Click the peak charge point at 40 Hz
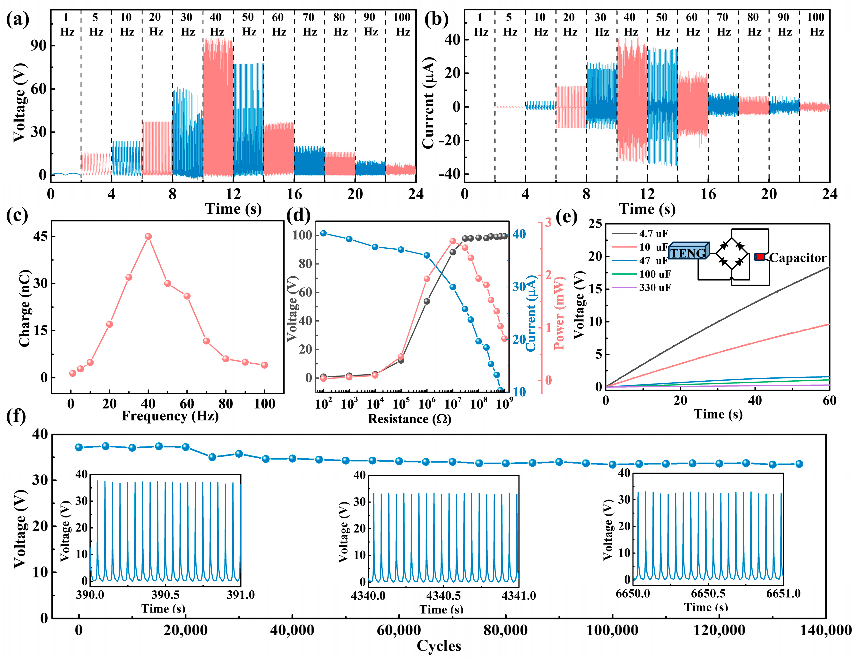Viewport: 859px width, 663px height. pos(148,236)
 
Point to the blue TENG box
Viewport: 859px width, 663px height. pos(689,252)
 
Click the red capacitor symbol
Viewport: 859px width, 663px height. pos(759,257)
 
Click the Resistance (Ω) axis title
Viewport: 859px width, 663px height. pos(409,419)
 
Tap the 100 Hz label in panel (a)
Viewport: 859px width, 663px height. pos(402,24)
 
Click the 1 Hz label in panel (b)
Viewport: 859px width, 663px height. pos(480,24)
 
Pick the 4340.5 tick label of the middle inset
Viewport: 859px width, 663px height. pos(443,596)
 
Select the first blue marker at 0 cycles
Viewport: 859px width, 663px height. pos(79,447)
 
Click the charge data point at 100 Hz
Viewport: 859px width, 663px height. pos(264,365)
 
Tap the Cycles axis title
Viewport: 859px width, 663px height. pos(439,646)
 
